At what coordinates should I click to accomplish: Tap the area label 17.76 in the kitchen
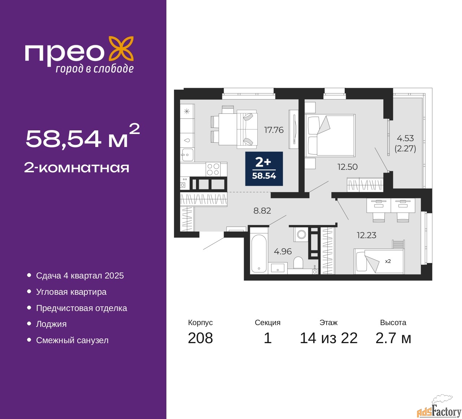(274, 130)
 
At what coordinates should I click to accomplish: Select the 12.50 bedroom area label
(347, 167)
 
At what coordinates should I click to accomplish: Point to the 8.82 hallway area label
(262, 211)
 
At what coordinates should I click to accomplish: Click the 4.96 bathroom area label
(283, 251)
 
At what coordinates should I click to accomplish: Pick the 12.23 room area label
(366, 235)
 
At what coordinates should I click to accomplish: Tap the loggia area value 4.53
(405, 138)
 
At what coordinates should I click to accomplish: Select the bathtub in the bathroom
(259, 253)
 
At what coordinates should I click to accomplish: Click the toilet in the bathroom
(298, 263)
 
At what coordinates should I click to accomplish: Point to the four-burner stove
(213, 169)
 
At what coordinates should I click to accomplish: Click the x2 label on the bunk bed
(388, 261)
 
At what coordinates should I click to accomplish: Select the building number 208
(200, 338)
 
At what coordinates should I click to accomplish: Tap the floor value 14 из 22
(328, 338)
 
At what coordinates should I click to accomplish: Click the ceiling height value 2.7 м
(393, 338)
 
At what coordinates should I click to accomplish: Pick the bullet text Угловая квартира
(71, 292)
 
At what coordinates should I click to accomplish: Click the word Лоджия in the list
(51, 324)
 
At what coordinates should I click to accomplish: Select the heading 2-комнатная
(77, 168)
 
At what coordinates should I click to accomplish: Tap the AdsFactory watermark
(439, 410)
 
